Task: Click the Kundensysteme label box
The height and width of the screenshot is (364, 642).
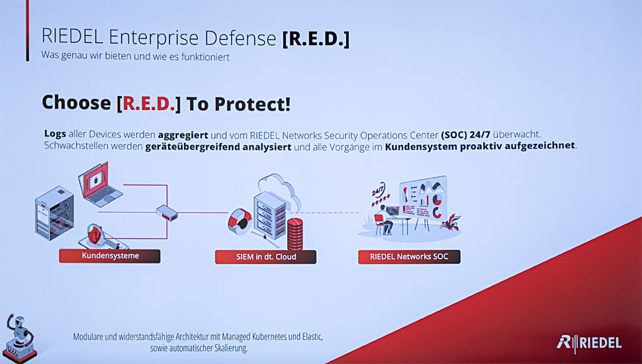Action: click(110, 256)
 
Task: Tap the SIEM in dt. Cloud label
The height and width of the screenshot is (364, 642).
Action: click(265, 257)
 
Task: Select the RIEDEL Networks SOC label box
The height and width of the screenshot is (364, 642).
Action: click(409, 257)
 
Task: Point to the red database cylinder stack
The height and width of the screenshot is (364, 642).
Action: click(295, 234)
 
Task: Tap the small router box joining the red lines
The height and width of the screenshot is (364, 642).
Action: click(167, 213)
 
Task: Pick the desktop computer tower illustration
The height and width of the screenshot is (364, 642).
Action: click(54, 213)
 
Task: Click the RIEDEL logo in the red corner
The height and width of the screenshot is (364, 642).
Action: click(588, 343)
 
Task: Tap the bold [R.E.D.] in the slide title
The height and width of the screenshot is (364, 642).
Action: click(316, 38)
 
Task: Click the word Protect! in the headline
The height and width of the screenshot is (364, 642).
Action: click(253, 104)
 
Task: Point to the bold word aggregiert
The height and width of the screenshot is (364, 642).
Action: click(183, 135)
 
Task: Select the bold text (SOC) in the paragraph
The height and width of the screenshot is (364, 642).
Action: click(453, 134)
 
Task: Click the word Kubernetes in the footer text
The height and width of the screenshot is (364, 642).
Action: click(269, 337)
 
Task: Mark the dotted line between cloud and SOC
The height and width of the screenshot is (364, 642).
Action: click(324, 213)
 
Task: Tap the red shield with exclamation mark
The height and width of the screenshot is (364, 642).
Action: click(95, 234)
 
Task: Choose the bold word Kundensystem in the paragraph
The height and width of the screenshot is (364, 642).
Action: click(421, 146)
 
